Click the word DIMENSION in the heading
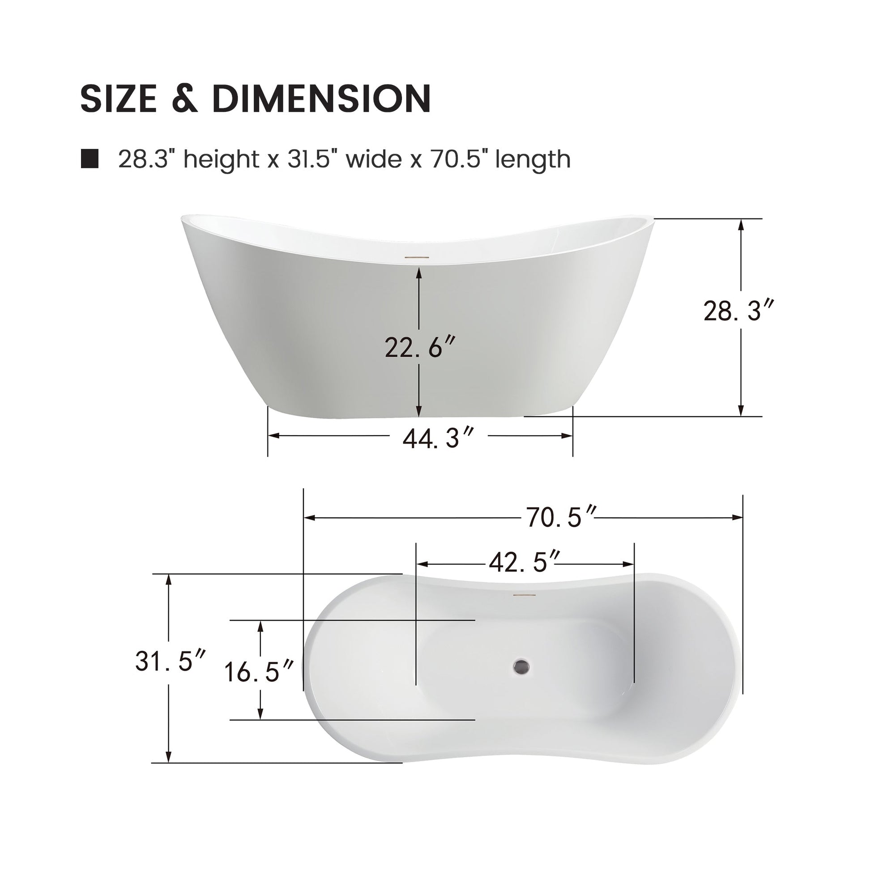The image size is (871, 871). point(321,98)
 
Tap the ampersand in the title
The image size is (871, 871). point(185,98)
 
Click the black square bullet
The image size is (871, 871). point(90,159)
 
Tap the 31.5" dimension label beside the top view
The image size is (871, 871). point(170,662)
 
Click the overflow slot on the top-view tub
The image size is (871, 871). point(524,595)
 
